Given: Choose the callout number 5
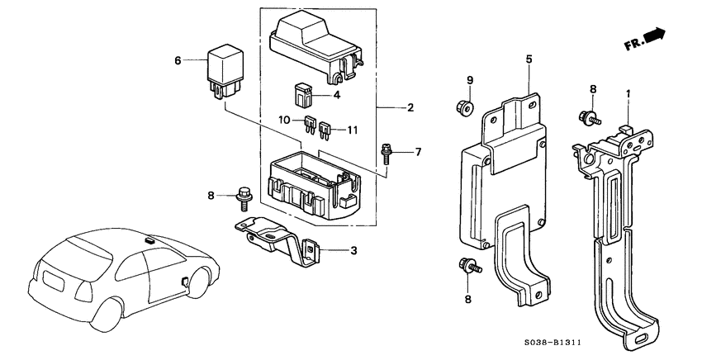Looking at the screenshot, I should click(x=529, y=59).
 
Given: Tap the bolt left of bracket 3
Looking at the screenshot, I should click(x=244, y=195).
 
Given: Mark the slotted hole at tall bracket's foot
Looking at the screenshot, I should click(x=641, y=339).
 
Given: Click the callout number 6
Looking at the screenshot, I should click(x=177, y=59).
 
